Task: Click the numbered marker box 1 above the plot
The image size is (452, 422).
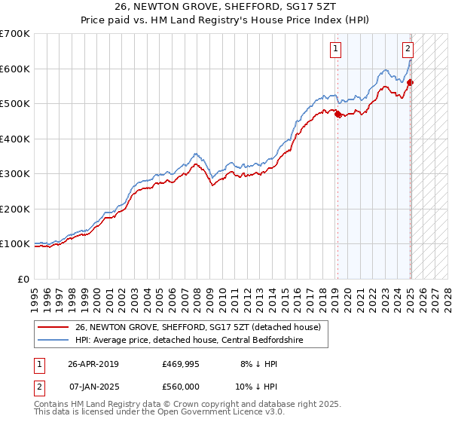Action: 334,50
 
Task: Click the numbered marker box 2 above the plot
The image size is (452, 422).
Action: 408,50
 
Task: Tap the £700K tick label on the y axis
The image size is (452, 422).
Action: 15,34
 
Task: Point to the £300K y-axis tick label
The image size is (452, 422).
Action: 15,174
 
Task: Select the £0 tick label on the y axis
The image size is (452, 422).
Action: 24,279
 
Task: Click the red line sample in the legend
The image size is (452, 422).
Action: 53,327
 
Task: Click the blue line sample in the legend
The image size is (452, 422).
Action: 53,340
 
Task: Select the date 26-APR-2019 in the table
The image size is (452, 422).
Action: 93,364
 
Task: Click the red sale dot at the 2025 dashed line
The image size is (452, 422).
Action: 411,83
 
